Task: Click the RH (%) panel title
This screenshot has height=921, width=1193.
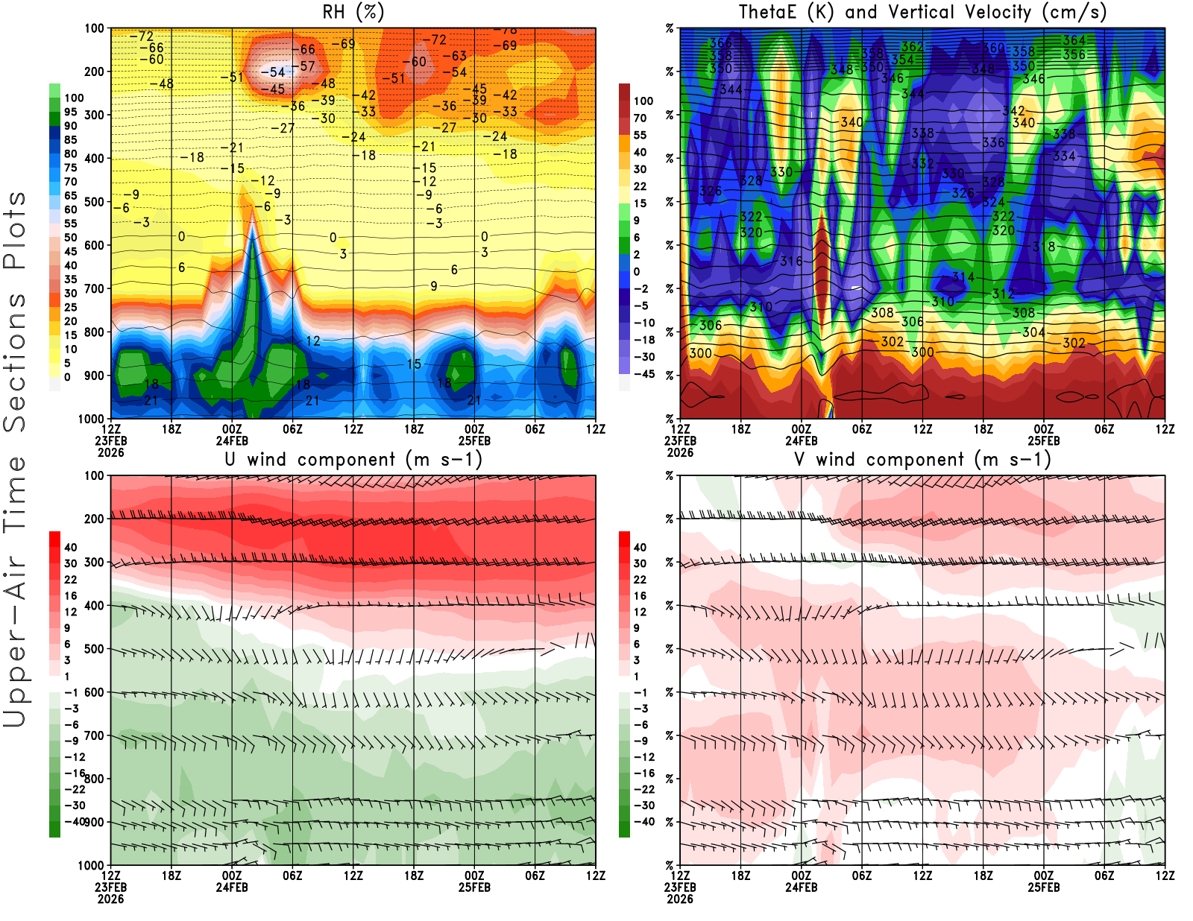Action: coord(353,12)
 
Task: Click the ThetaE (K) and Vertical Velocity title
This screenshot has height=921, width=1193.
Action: coord(922,12)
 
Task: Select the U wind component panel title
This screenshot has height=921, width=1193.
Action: coord(353,459)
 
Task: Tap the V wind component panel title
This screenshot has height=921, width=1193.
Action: coord(922,459)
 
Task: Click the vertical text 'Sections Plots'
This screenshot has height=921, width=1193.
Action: coord(15,311)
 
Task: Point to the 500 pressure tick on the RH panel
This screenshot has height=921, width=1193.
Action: coord(94,202)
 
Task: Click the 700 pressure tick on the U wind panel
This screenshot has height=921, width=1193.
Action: coord(94,735)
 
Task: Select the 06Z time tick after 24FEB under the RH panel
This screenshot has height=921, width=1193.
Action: coord(292,428)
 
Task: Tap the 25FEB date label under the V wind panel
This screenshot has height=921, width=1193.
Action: coord(1044,887)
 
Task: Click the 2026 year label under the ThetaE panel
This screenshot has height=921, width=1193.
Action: coord(680,452)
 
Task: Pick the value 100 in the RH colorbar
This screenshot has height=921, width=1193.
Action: coord(74,98)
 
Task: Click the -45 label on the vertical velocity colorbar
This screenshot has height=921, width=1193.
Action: coord(644,374)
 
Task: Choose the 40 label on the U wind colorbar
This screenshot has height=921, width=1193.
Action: coord(71,547)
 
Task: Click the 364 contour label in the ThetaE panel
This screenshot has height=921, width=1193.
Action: coord(1074,40)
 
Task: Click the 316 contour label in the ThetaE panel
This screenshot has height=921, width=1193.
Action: coord(791,261)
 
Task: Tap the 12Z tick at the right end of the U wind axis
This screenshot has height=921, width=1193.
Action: coord(596,876)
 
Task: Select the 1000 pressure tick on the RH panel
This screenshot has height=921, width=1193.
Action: coord(91,419)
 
